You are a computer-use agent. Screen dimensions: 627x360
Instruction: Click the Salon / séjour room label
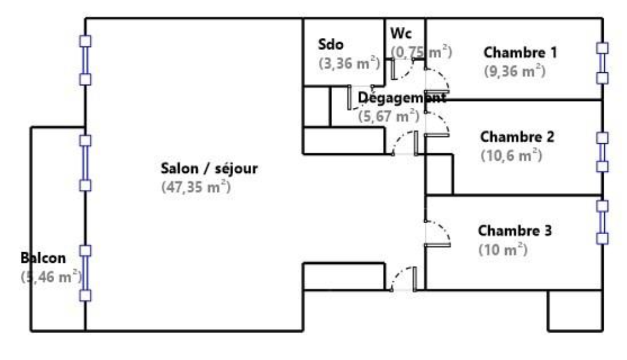pyautogui.click(x=209, y=168)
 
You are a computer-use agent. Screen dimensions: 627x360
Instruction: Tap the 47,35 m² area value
pyautogui.click(x=196, y=187)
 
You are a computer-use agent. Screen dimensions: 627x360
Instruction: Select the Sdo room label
pyautogui.click(x=331, y=44)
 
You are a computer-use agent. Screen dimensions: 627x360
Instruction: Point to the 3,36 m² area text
pyautogui.click(x=349, y=63)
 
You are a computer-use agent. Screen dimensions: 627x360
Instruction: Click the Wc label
pyautogui.click(x=401, y=33)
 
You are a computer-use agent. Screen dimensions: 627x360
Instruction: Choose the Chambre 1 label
pyautogui.click(x=520, y=52)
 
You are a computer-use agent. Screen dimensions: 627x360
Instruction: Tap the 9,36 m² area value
pyautogui.click(x=515, y=71)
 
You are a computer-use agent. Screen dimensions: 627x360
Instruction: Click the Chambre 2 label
pyautogui.click(x=517, y=137)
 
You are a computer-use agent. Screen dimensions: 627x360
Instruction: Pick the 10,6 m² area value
pyautogui.click(x=512, y=156)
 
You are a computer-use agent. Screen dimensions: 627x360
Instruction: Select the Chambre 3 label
pyautogui.click(x=515, y=231)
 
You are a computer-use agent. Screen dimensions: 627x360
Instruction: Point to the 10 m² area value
pyautogui.click(x=503, y=250)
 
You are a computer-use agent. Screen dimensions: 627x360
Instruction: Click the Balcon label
pyautogui.click(x=43, y=258)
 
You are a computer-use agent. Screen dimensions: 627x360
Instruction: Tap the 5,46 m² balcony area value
pyautogui.click(x=51, y=277)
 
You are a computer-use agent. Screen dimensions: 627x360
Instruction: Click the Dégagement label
pyautogui.click(x=402, y=97)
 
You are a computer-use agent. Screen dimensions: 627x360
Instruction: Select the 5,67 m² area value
pyautogui.click(x=389, y=117)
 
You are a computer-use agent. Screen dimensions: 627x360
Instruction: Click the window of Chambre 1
pyautogui.click(x=602, y=63)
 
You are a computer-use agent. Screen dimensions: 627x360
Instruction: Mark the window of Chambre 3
pyautogui.click(x=602, y=222)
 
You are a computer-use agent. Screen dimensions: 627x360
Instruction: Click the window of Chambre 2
pyautogui.click(x=602, y=152)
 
